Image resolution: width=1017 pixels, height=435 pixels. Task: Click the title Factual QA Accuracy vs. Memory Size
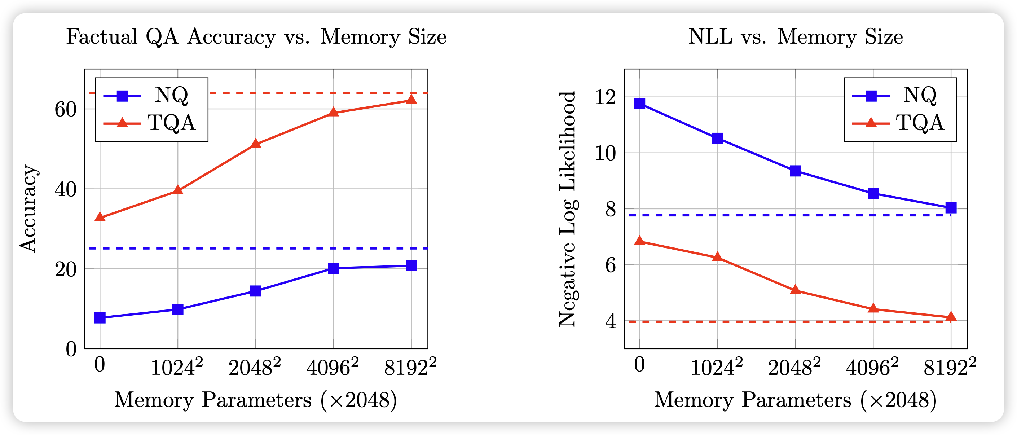click(x=256, y=37)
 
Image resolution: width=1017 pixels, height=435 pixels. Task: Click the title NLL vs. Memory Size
click(x=795, y=37)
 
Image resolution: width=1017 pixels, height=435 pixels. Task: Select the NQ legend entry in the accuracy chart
click(x=151, y=95)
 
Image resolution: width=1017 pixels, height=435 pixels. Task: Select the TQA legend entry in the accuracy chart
click(x=151, y=123)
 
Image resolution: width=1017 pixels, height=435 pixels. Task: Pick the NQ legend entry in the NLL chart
click(x=900, y=95)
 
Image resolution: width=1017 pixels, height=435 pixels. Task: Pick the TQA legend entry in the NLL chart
click(x=900, y=123)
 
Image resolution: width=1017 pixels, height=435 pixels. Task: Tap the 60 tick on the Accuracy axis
click(x=66, y=109)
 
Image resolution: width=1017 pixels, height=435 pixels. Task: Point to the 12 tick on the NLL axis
click(x=605, y=97)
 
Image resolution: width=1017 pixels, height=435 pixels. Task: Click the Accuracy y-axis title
click(x=28, y=208)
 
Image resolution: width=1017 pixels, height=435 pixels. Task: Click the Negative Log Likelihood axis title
click(x=568, y=208)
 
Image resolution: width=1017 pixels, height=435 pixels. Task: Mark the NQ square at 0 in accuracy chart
click(x=100, y=318)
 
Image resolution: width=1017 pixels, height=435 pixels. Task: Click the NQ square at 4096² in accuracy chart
click(x=333, y=268)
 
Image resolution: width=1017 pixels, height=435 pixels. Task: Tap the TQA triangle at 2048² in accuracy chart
click(x=255, y=144)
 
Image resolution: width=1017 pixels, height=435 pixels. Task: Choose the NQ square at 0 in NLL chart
click(x=639, y=104)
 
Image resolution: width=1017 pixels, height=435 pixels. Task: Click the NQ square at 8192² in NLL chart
click(x=951, y=208)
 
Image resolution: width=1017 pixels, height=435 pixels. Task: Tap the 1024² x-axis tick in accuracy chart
click(x=177, y=368)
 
